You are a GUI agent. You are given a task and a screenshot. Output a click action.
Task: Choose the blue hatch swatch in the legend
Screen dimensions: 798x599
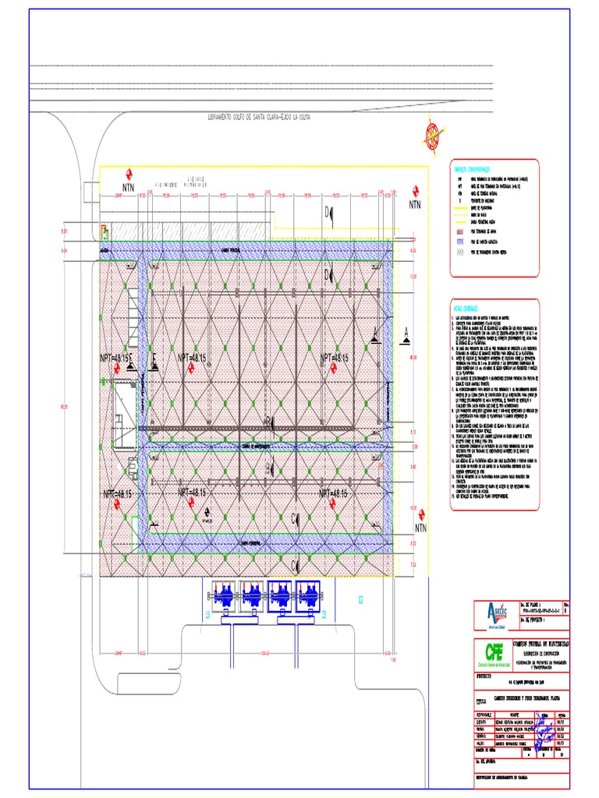(x=460, y=242)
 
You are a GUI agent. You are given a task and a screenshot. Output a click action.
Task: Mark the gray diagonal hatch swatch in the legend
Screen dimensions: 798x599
(x=460, y=252)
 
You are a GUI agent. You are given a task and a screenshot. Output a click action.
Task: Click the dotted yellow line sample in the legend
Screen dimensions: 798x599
(x=460, y=222)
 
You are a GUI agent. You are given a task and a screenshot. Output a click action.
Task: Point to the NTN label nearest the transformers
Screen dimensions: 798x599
(x=421, y=528)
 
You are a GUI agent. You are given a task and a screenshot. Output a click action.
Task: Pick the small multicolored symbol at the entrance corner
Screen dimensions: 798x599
(x=103, y=230)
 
